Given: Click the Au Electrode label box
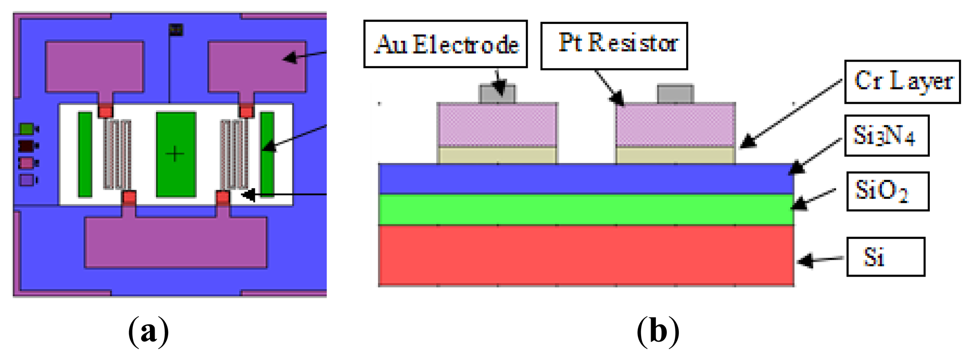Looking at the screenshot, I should [x=446, y=44].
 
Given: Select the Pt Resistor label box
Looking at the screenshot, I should [x=614, y=46].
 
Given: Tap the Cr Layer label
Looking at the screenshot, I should [x=902, y=82].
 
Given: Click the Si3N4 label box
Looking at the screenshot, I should [x=886, y=135].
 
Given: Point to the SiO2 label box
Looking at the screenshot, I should [x=887, y=192].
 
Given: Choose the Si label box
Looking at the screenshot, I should [x=886, y=257].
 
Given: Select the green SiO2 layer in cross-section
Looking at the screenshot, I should [x=586, y=209].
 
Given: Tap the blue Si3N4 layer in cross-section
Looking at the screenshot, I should [x=586, y=179].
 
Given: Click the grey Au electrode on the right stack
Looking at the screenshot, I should [x=675, y=94].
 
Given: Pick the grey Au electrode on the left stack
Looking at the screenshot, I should [x=497, y=94].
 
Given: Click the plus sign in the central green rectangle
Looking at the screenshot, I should [x=175, y=154].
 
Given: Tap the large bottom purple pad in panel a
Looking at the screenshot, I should [x=176, y=243].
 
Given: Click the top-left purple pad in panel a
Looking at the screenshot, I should [x=95, y=66].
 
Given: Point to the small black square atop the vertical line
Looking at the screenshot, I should [x=176, y=30].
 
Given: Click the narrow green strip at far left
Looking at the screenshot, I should [x=85, y=154].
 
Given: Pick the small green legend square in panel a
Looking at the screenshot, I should [x=27, y=129].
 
